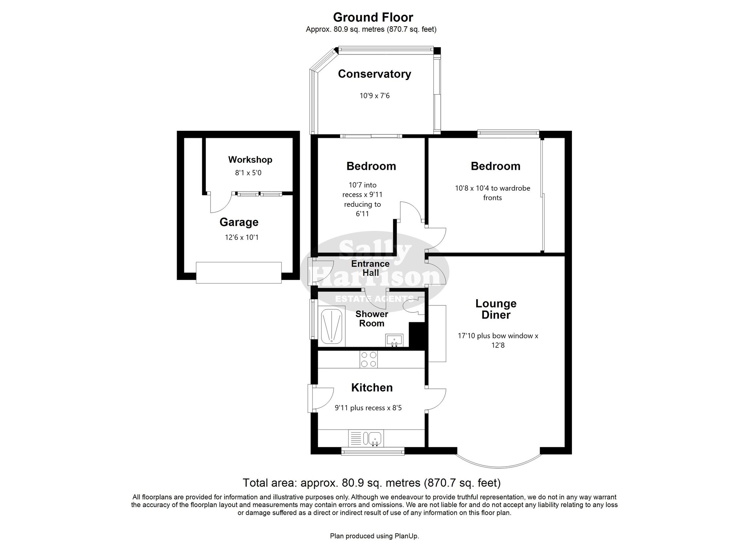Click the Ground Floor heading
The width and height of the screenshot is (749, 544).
[373, 17]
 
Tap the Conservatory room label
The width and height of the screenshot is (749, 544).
[374, 74]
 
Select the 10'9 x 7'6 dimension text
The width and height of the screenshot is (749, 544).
[374, 96]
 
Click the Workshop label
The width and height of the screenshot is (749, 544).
[250, 160]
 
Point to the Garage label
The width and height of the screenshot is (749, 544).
[239, 222]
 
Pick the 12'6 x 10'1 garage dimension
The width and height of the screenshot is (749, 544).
[242, 237]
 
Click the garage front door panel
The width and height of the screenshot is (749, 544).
[239, 273]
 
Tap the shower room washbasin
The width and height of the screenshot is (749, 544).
[394, 340]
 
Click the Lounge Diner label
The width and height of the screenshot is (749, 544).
[496, 309]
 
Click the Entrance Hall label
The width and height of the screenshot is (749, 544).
[370, 268]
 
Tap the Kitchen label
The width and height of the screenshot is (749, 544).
[372, 388]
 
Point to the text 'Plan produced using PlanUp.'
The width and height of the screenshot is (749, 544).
[374, 536]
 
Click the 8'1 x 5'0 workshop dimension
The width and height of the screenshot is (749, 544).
[248, 173]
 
